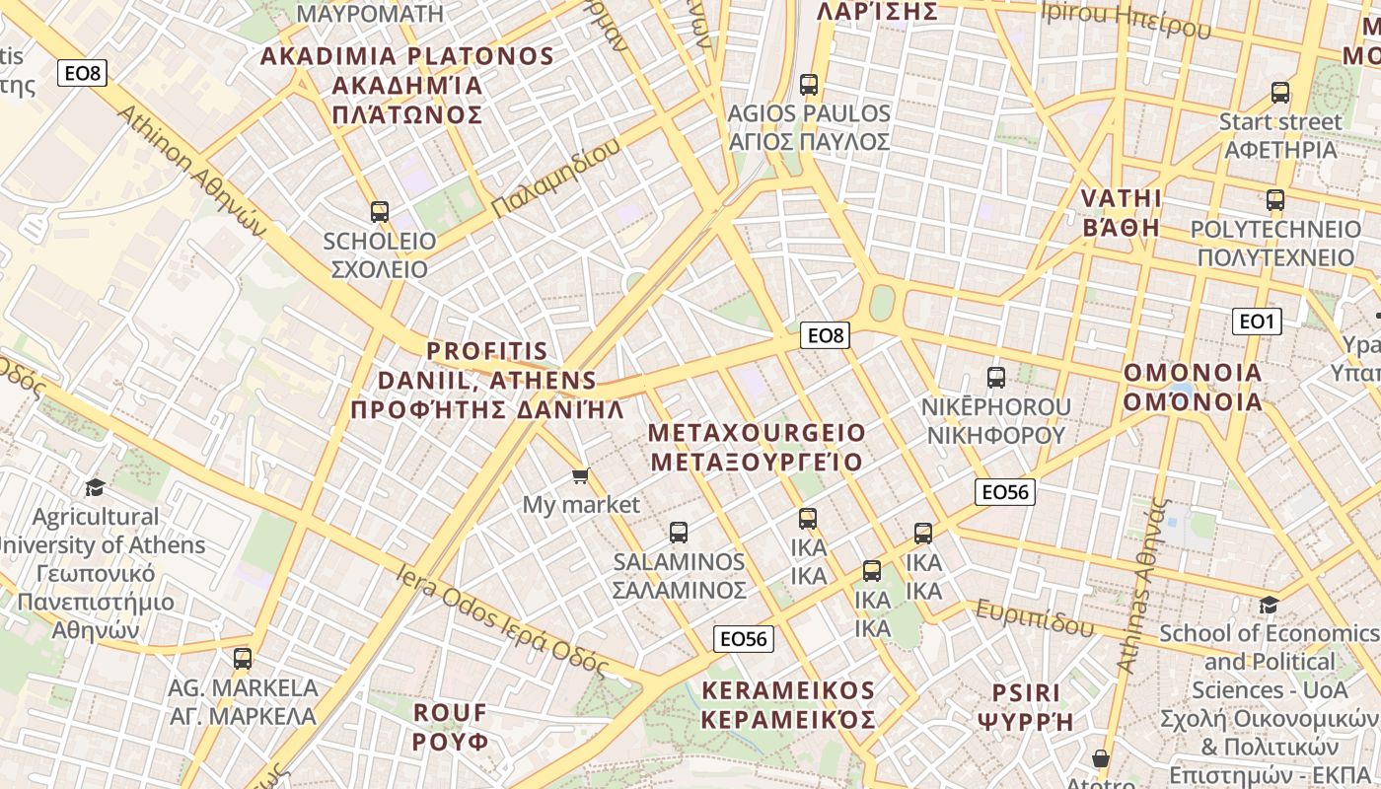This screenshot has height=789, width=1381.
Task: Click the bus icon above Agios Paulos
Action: click(809, 85)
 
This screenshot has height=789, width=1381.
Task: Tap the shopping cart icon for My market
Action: click(581, 476)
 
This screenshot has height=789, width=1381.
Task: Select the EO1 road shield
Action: click(1257, 321)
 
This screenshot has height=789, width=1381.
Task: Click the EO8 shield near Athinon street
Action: click(82, 73)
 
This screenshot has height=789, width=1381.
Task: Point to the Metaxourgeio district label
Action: click(757, 447)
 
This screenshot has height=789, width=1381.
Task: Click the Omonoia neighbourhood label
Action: click(1193, 387)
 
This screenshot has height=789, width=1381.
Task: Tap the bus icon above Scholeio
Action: click(380, 211)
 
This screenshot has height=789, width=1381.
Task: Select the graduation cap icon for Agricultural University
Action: click(95, 487)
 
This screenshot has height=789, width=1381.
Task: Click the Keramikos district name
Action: click(788, 704)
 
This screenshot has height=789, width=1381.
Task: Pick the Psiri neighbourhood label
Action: click(1025, 706)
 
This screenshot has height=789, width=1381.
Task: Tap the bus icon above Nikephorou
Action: click(995, 377)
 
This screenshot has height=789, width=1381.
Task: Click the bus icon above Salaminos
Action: click(679, 533)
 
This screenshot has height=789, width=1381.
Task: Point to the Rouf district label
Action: click(451, 726)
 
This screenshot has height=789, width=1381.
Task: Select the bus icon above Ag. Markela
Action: click(243, 659)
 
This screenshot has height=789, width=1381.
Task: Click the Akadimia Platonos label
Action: click(407, 85)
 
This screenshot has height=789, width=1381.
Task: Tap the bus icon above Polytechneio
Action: click(1275, 200)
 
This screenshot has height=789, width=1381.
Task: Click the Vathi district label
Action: click(1122, 212)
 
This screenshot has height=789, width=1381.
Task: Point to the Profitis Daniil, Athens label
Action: click(487, 380)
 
